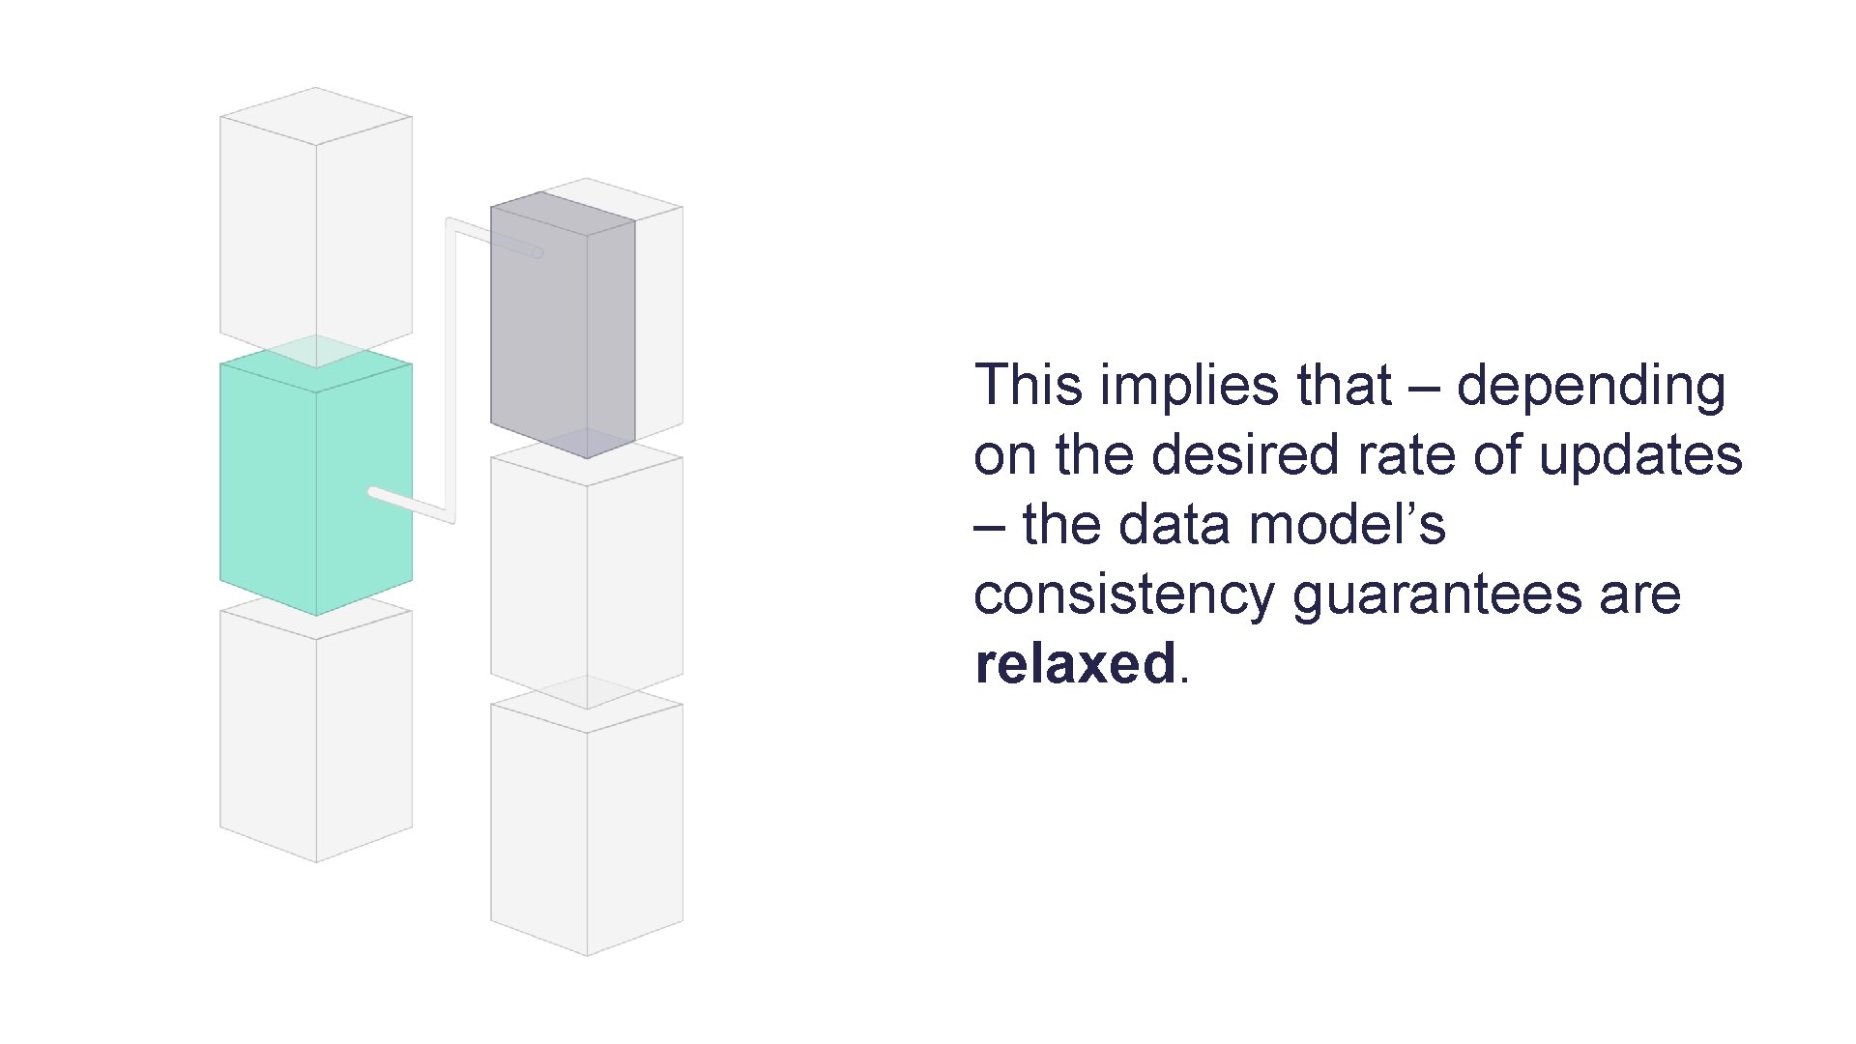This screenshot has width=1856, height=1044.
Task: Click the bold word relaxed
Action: point(1075,663)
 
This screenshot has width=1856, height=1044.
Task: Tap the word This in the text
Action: point(1029,385)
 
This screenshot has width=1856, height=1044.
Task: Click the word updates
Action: point(1640,456)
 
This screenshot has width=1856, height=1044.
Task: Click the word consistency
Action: point(1123,595)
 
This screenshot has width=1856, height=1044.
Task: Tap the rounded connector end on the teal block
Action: point(374,492)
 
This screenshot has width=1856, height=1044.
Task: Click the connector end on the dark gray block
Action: point(537,253)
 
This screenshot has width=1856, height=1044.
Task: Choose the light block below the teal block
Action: point(315,735)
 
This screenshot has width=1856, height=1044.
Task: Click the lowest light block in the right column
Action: point(587,826)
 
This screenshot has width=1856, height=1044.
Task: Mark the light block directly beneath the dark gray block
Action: point(587,580)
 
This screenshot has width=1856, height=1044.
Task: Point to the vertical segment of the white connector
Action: point(450,367)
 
